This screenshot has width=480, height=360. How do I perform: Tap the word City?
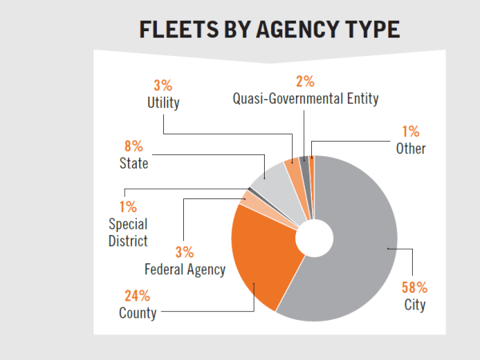point(414,305)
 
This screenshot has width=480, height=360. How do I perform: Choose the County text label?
point(137,312)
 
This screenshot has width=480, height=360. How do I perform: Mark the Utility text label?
point(163,102)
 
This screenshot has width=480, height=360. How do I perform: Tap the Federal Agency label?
point(185,270)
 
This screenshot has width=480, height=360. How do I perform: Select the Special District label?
point(129,232)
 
